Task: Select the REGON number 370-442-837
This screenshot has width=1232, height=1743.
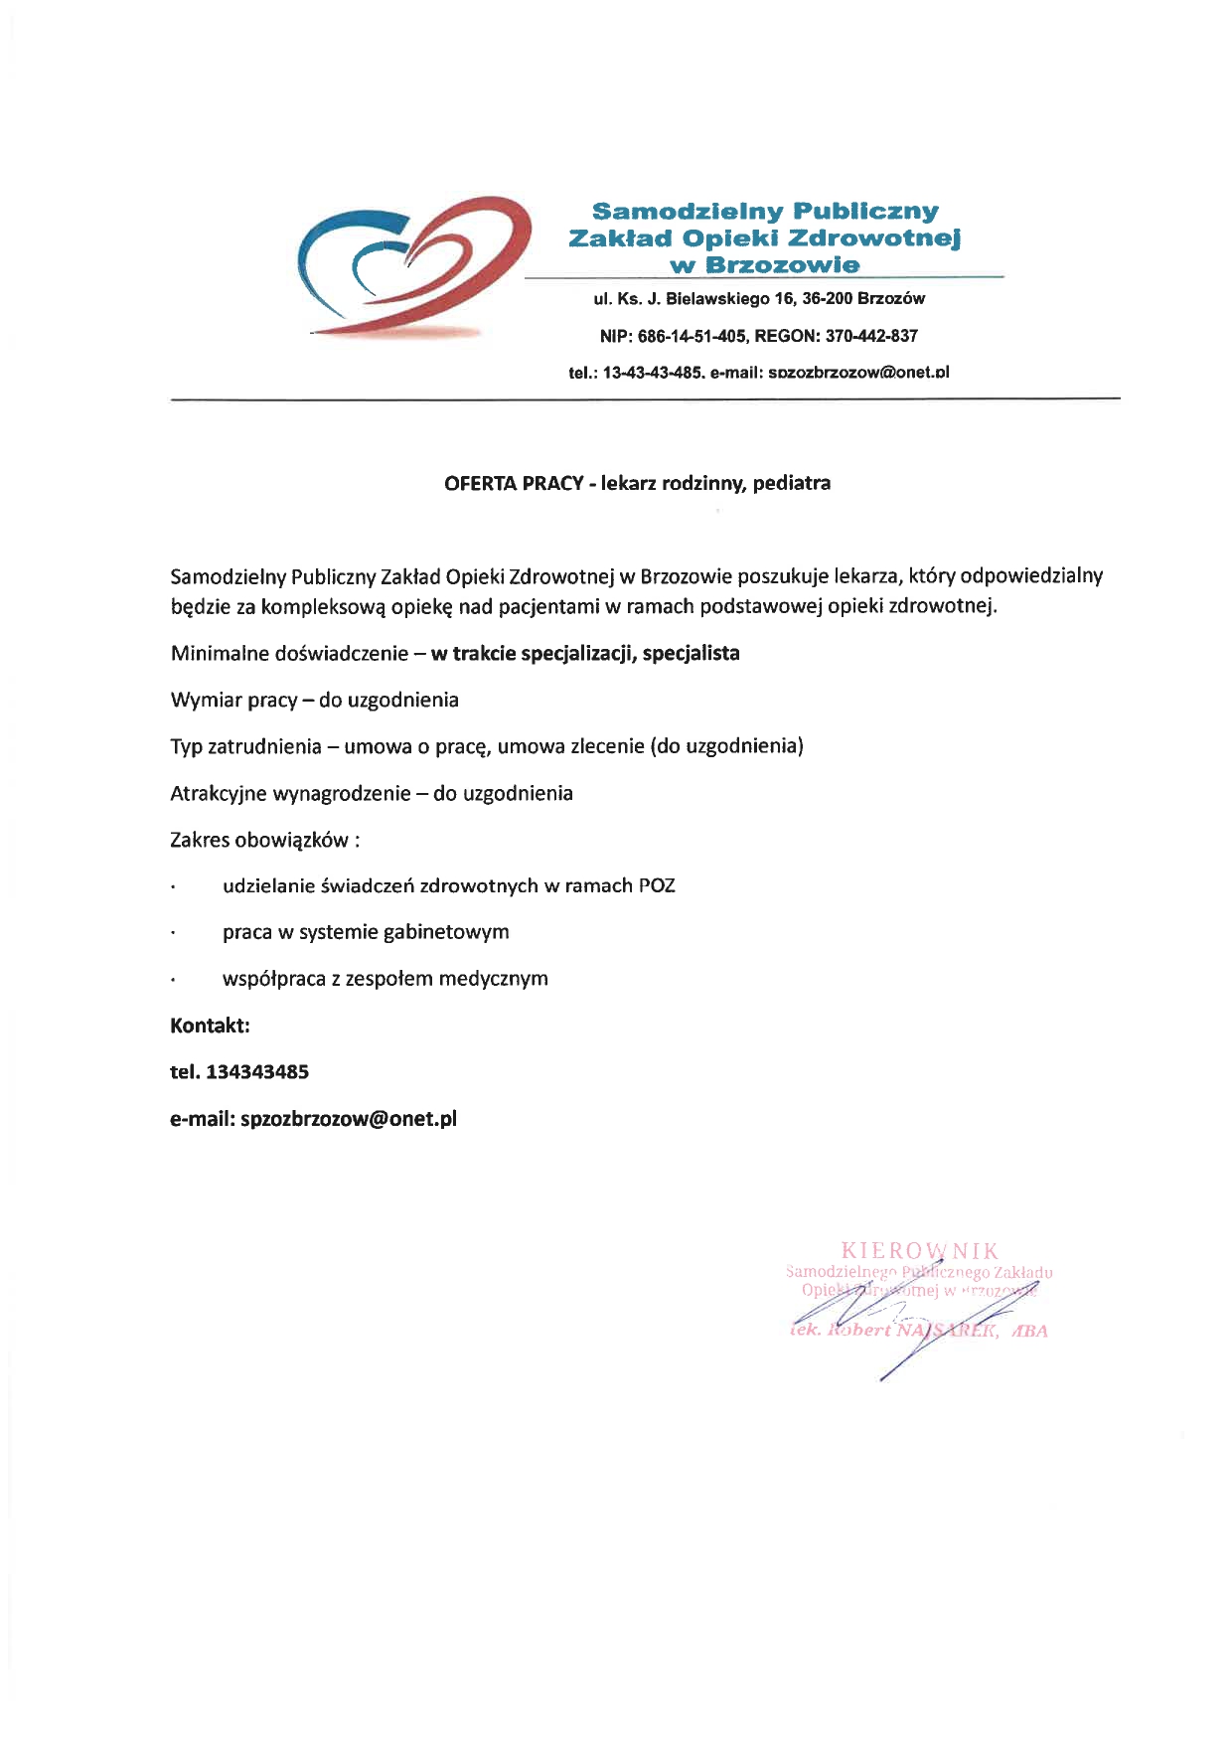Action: [871, 336]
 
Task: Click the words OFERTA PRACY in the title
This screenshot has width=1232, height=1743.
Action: [513, 484]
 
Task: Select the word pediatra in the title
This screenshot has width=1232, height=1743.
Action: [792, 484]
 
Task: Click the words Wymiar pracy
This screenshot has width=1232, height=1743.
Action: [233, 700]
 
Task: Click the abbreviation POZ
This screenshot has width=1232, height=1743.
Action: [657, 885]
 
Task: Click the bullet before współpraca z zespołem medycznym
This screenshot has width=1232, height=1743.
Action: [174, 980]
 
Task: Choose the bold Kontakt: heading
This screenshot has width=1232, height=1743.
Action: [210, 1025]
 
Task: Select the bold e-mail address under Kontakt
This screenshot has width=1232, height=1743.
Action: [349, 1118]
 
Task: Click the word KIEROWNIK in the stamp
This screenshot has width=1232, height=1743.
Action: [919, 1251]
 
